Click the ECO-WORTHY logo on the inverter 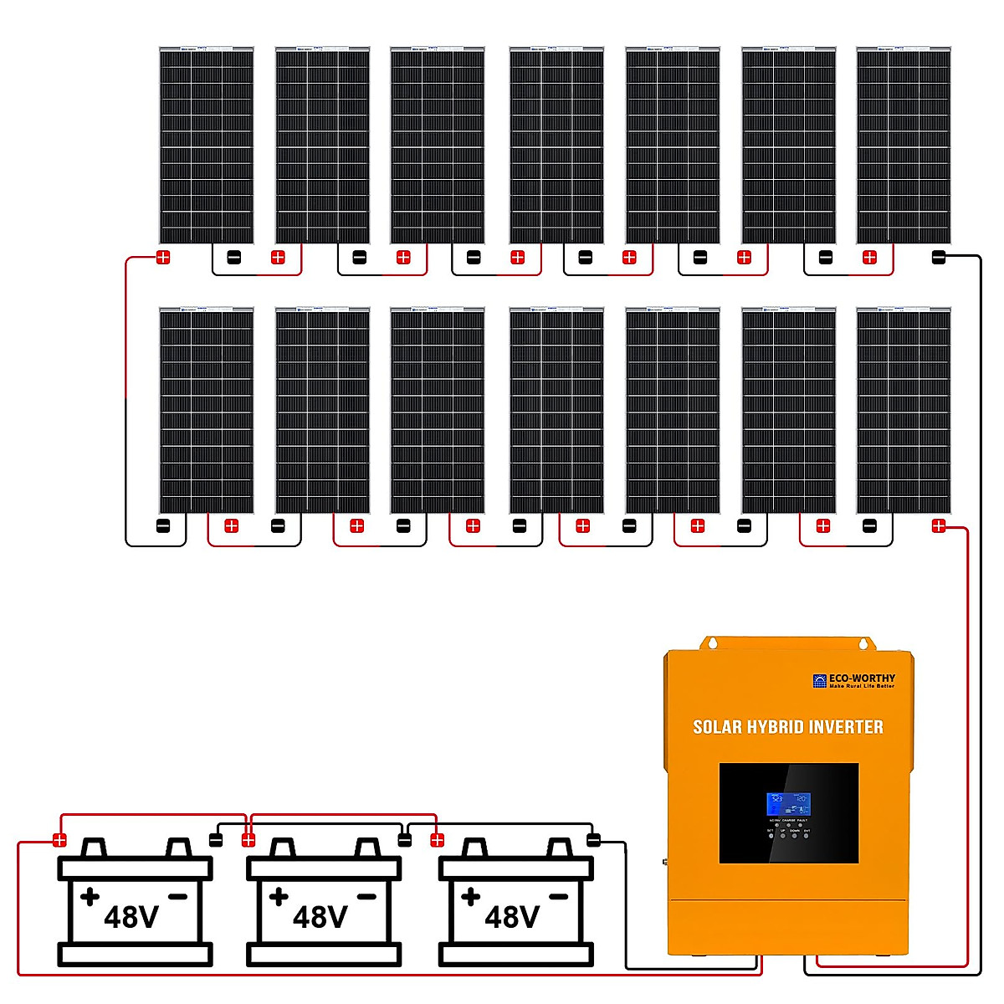coord(853,681)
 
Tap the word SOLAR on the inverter coord(717,727)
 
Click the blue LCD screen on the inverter coord(788,804)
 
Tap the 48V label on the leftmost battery coord(131,917)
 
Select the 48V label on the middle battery coord(320,917)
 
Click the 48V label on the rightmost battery coord(512,917)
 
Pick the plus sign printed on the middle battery coord(279,897)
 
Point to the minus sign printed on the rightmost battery coord(558,897)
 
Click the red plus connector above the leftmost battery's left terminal coord(59,840)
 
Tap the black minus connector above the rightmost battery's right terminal coord(593,840)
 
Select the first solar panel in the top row coord(206,146)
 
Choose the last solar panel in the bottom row coord(904,410)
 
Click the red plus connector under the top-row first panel coord(163,258)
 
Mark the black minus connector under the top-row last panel coord(939,258)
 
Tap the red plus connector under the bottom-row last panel coord(939,526)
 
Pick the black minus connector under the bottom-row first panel coord(163,526)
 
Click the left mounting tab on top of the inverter coord(711,643)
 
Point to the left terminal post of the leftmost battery coord(95,848)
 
